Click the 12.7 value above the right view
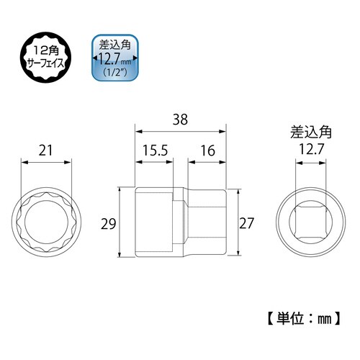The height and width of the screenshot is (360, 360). pos(307,149)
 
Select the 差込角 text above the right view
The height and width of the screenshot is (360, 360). pos(307,132)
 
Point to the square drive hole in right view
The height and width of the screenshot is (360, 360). pos(307,223)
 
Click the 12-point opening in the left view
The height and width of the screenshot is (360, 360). pos(47,223)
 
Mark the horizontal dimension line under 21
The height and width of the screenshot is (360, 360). pos(47,163)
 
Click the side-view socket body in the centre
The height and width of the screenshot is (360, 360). pos(180,223)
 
